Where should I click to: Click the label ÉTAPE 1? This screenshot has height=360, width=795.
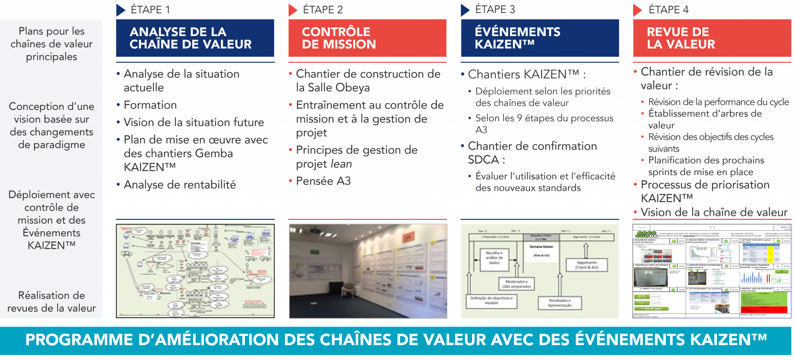(150, 10)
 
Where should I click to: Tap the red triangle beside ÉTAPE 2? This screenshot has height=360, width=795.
(293, 10)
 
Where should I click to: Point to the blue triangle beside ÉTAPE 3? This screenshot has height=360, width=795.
(465, 10)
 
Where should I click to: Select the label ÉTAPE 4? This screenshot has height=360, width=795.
(668, 10)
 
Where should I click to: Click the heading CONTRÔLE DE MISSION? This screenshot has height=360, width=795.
(338, 38)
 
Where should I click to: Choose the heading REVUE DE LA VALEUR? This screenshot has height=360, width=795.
(680, 38)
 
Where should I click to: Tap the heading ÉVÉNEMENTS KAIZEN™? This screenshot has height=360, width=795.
(517, 38)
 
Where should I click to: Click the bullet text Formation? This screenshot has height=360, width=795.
(150, 105)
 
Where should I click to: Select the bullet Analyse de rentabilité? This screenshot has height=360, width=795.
(180, 185)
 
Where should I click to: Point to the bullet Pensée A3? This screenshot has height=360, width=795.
(323, 181)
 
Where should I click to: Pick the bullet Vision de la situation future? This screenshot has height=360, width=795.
(194, 122)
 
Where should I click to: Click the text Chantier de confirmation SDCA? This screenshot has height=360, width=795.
(532, 153)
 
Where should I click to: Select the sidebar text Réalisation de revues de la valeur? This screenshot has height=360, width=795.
(51, 302)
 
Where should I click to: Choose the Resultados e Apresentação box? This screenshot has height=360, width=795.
(560, 303)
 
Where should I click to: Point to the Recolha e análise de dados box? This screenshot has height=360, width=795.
(494, 258)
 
